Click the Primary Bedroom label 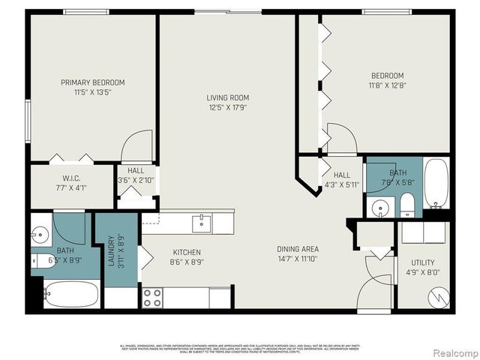pos(93,82)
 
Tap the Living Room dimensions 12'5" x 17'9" pos(228,107)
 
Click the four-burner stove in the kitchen pos(153,298)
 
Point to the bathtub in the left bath pos(70,294)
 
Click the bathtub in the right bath pos(436,184)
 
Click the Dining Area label pos(297,249)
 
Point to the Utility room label pos(423,262)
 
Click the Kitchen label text pos(187,253)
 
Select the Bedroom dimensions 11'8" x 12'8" pos(387,85)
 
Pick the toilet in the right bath pos(407,205)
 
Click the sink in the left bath pos(40,232)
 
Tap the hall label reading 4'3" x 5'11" pos(342,184)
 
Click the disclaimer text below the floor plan pos(240,347)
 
